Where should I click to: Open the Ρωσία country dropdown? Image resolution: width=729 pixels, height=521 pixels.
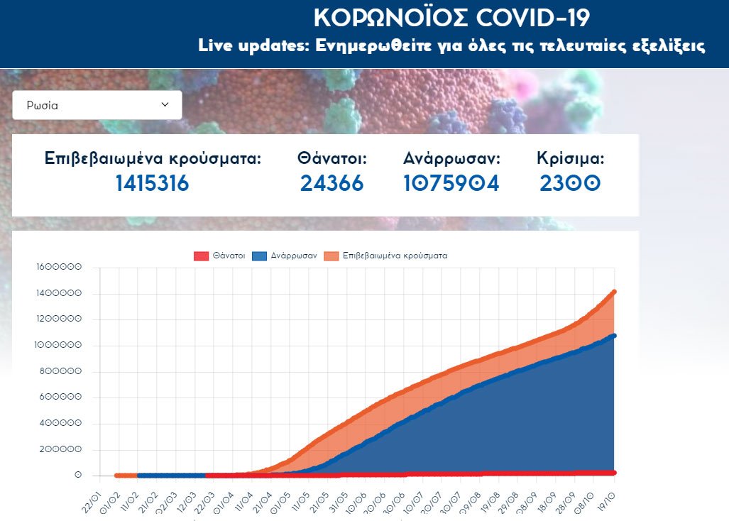pyautogui.click(x=97, y=105)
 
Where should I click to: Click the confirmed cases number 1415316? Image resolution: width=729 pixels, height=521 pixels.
pyautogui.click(x=153, y=183)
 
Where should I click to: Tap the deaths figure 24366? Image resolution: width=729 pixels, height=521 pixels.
pyautogui.click(x=331, y=183)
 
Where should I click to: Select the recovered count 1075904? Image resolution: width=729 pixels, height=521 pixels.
pyautogui.click(x=451, y=183)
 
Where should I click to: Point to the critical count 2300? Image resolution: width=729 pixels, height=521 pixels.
pyautogui.click(x=570, y=183)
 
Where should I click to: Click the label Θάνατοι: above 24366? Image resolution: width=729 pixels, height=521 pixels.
pyautogui.click(x=331, y=158)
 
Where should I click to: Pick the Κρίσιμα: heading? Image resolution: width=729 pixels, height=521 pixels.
pyautogui.click(x=571, y=158)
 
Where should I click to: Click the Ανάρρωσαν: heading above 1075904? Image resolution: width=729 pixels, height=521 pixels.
pyautogui.click(x=451, y=158)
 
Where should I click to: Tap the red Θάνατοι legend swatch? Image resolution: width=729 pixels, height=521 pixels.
pyautogui.click(x=202, y=256)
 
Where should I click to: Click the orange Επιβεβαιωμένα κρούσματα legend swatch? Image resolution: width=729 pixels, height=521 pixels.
pyautogui.click(x=331, y=256)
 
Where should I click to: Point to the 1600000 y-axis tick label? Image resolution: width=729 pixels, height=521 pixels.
pyautogui.click(x=59, y=268)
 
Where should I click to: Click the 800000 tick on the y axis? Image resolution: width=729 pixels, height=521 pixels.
pyautogui.click(x=61, y=371)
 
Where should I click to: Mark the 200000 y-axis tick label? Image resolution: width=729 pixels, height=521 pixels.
pyautogui.click(x=61, y=449)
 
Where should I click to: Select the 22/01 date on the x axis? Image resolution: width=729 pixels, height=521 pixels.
pyautogui.click(x=92, y=496)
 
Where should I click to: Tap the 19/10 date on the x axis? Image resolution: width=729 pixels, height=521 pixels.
pyautogui.click(x=608, y=496)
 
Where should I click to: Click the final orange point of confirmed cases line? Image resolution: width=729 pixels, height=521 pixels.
pyautogui.click(x=614, y=291)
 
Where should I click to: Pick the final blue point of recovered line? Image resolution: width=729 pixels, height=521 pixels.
pyautogui.click(x=614, y=336)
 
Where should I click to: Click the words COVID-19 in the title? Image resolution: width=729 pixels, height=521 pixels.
pyautogui.click(x=522, y=17)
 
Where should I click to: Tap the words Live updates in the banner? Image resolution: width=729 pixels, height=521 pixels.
pyautogui.click(x=244, y=47)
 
